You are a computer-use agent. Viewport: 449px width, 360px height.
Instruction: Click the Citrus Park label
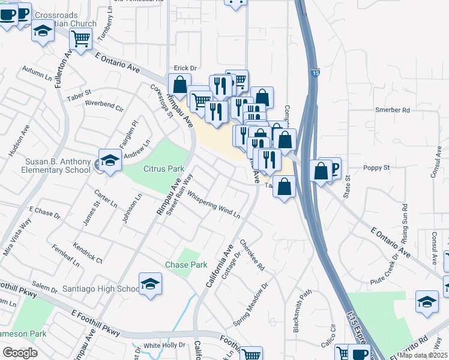click(163, 169)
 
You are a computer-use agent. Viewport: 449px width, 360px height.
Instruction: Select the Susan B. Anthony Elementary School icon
click(110, 161)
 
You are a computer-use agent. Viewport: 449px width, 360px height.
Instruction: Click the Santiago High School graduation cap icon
click(150, 284)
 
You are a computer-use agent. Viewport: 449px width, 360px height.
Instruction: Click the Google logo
click(20, 353)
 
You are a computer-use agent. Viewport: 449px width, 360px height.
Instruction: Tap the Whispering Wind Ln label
click(213, 204)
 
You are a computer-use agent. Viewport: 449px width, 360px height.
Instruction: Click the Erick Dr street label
click(185, 69)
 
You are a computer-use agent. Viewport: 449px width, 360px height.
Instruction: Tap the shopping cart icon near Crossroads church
click(80, 39)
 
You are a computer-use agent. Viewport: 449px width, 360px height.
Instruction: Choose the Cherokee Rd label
click(252, 255)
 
